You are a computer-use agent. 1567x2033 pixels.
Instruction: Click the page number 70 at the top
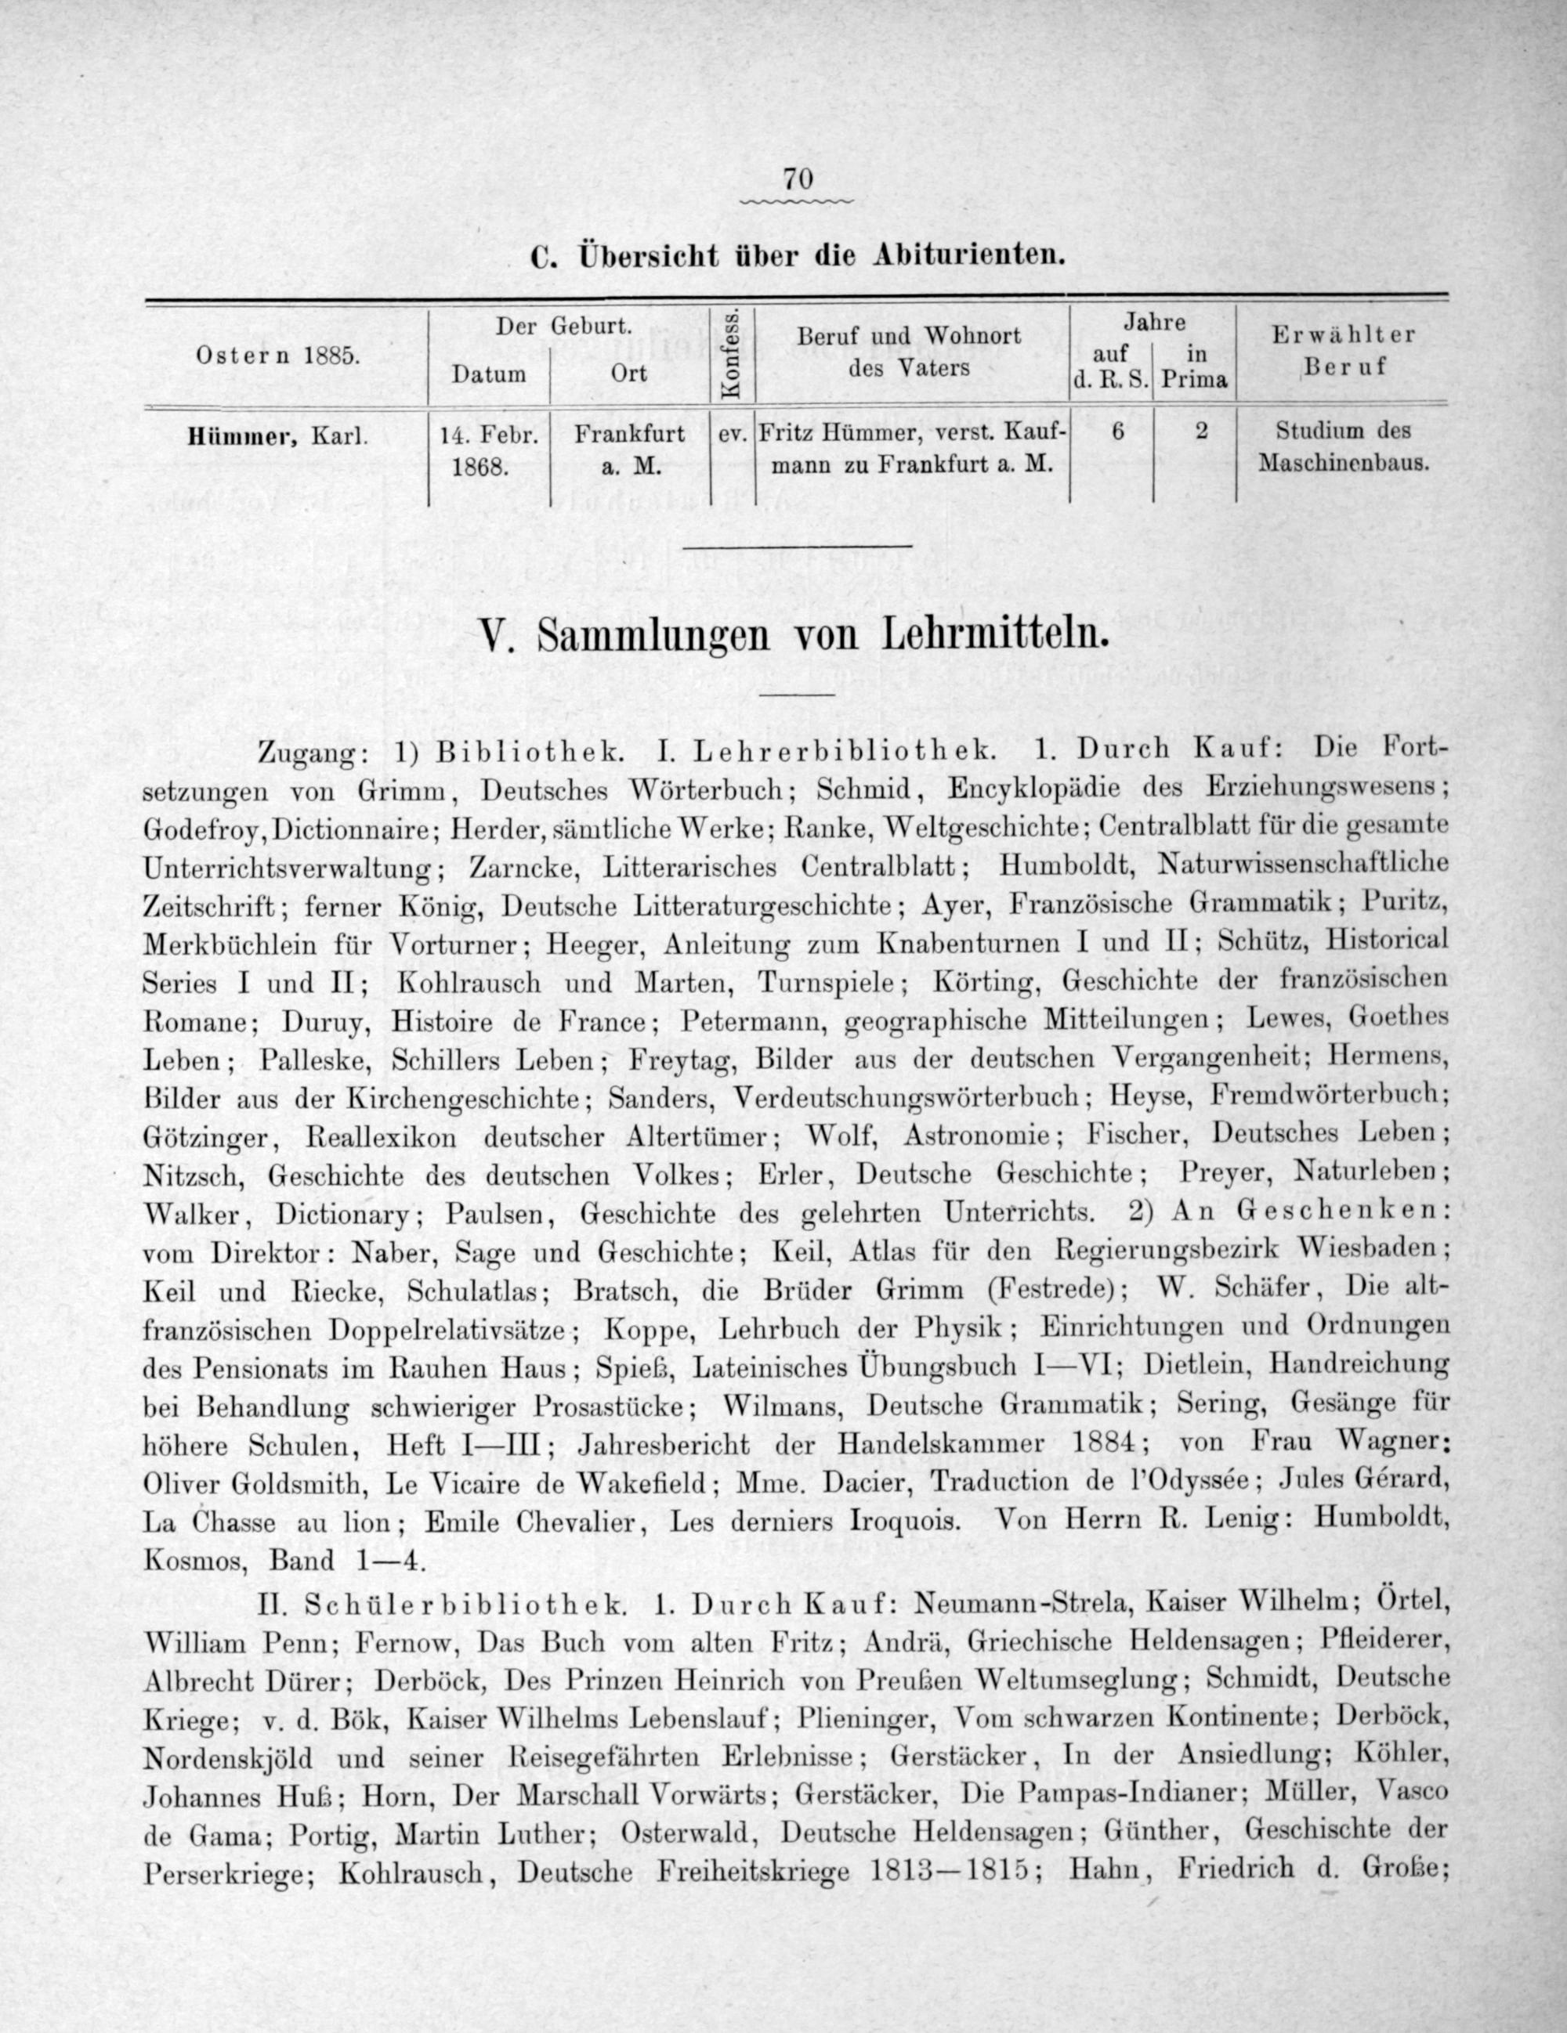coord(799,177)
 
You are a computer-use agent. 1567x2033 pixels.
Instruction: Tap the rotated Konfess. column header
coord(732,355)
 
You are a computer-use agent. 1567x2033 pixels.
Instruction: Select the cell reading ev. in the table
coord(733,433)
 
